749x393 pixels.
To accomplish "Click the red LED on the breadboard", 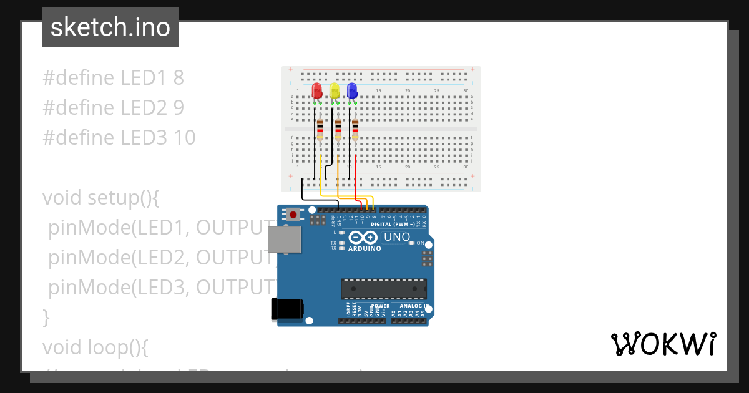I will (317, 90).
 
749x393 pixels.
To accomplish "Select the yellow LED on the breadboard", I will (335, 91).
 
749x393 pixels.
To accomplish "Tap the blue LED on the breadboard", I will (352, 90).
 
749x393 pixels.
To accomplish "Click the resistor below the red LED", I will (320, 129).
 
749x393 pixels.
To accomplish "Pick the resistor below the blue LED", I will (355, 129).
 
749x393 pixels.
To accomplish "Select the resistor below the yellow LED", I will (338, 129).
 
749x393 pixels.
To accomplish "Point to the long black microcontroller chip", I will (384, 289).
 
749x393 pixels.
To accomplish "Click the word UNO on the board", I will (397, 237).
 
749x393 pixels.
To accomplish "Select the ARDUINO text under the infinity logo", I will (364, 248).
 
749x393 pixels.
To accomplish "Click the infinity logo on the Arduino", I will (363, 238).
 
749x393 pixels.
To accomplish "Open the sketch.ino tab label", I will (110, 27).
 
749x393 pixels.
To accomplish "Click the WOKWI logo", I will (663, 344).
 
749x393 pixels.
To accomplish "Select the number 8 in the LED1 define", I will (179, 78).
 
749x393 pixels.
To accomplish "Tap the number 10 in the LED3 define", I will (185, 138).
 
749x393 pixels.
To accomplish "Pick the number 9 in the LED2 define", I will (179, 108).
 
